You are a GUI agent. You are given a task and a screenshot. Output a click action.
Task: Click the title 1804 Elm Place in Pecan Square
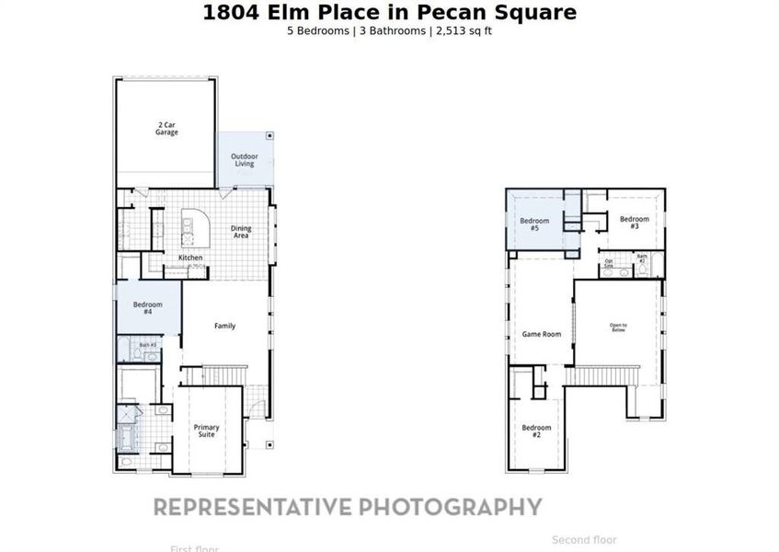(x=389, y=12)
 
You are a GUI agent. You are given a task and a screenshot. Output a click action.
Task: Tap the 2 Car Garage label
(x=166, y=129)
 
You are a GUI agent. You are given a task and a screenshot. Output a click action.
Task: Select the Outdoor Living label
(x=244, y=160)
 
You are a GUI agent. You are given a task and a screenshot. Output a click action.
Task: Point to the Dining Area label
(x=240, y=232)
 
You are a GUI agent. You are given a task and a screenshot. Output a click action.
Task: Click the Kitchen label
(x=190, y=258)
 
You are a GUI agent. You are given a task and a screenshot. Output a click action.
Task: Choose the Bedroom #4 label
(x=147, y=308)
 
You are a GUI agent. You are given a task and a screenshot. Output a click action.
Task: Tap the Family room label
(x=224, y=326)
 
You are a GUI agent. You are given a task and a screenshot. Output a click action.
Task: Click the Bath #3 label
(x=147, y=345)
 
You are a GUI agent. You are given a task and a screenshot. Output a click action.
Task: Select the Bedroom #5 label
(x=534, y=224)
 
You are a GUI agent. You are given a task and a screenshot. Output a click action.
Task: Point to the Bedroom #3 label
(x=634, y=222)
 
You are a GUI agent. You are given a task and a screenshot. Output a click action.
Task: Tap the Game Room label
(x=542, y=334)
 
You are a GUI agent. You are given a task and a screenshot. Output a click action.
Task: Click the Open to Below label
(x=618, y=327)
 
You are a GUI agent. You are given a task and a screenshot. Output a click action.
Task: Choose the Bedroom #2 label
(x=536, y=431)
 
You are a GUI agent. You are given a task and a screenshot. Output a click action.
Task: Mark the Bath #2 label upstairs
(x=642, y=259)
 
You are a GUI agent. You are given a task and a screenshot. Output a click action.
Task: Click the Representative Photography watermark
(x=347, y=506)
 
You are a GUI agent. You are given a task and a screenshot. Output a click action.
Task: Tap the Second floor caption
(x=584, y=540)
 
